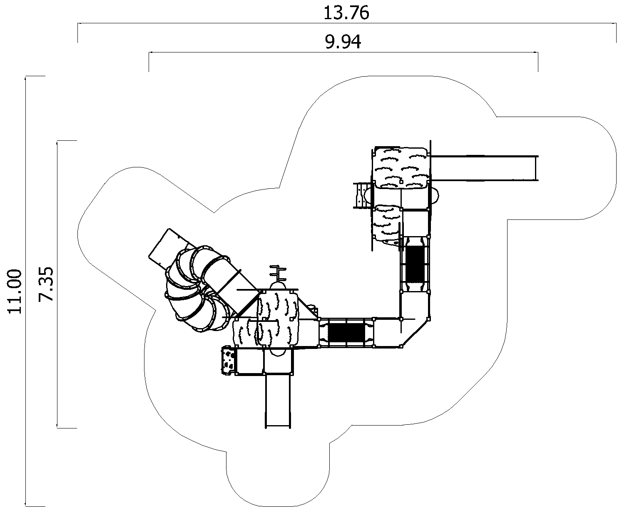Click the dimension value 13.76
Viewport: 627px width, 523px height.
(x=346, y=13)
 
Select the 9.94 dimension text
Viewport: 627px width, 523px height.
(x=343, y=42)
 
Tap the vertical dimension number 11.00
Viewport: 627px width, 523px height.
(x=15, y=292)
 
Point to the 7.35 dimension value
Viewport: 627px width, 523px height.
(x=46, y=284)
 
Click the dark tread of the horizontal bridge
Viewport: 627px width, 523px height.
(x=346, y=332)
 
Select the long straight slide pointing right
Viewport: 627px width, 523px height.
(x=483, y=168)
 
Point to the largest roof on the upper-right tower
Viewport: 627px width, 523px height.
(x=400, y=168)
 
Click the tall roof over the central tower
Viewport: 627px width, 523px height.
(x=278, y=319)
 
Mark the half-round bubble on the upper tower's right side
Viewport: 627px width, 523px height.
(x=435, y=196)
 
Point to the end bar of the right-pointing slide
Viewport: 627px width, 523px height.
(x=537, y=168)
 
